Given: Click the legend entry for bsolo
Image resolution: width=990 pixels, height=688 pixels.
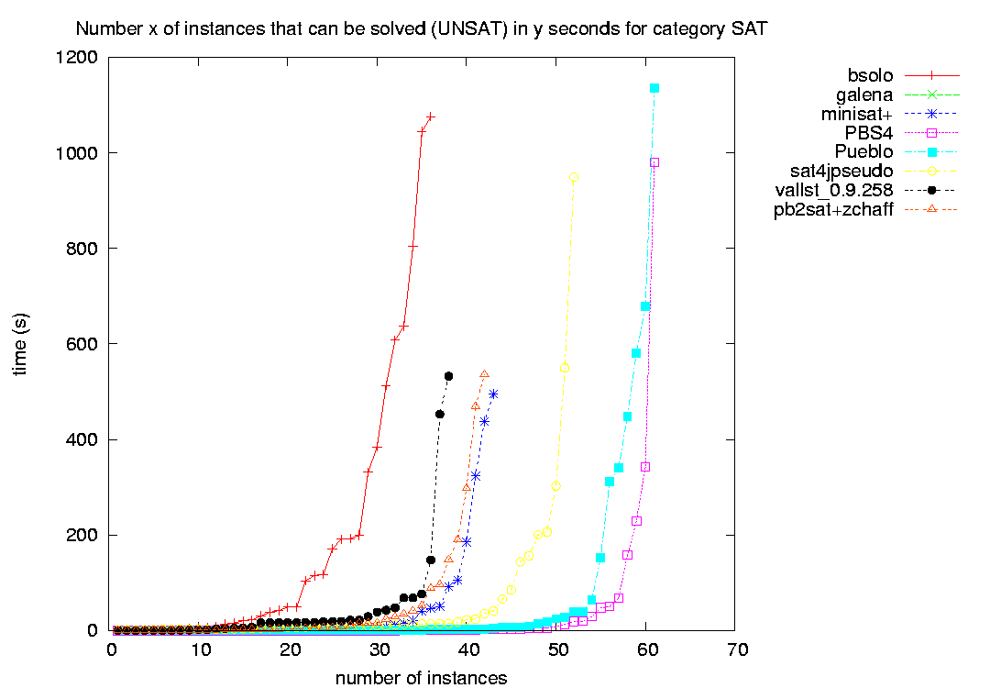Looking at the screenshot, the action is (x=870, y=76).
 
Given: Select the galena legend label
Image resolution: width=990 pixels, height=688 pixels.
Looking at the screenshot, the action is (x=864, y=94).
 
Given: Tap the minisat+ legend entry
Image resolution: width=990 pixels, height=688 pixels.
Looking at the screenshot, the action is (x=857, y=114).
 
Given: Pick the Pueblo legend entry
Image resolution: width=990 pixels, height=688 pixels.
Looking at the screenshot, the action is (x=863, y=151).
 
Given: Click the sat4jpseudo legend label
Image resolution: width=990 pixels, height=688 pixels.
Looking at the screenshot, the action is (x=841, y=172).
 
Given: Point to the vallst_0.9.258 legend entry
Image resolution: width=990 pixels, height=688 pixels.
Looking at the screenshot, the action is (x=834, y=190).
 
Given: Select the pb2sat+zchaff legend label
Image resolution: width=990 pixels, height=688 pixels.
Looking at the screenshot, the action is (x=833, y=209).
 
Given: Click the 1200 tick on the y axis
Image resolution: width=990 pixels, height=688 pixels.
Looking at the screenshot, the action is (x=77, y=58).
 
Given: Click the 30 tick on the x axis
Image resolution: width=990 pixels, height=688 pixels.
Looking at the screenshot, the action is (x=379, y=649).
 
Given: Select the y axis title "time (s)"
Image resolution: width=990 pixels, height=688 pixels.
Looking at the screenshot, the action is (x=20, y=344).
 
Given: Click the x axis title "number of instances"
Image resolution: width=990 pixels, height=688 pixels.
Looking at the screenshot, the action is (x=421, y=678).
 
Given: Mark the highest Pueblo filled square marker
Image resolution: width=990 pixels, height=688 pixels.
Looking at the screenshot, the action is (x=654, y=88).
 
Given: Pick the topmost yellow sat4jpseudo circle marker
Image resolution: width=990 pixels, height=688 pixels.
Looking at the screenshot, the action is (x=573, y=178).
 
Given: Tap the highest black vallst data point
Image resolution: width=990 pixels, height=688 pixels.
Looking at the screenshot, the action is (x=449, y=376).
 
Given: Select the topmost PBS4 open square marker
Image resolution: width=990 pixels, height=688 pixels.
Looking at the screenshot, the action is (x=654, y=162).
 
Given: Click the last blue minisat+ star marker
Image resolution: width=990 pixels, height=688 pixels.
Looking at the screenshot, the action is (x=493, y=394).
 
